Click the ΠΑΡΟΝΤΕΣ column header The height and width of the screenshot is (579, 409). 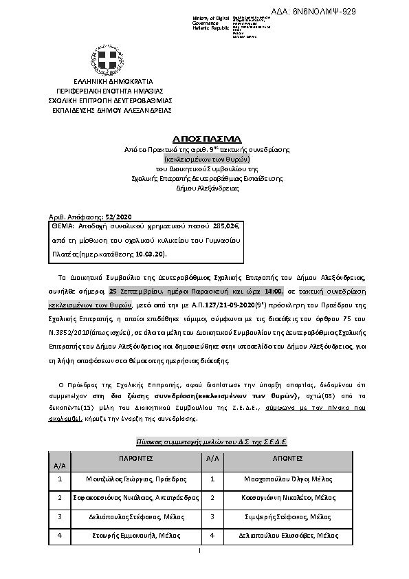click(131, 458)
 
